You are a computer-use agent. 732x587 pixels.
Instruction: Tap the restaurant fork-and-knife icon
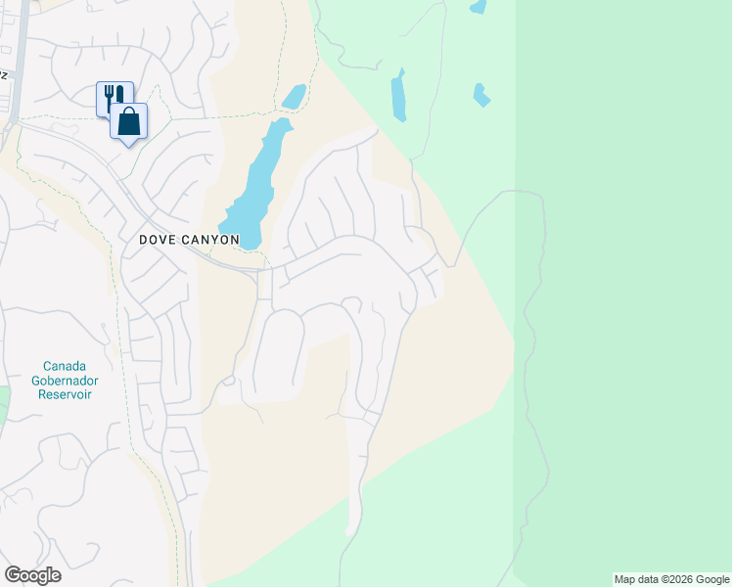113,96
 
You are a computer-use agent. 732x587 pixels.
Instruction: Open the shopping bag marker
129,121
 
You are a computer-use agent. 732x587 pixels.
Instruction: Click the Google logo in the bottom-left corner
33,575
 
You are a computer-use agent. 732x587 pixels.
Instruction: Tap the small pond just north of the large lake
294,97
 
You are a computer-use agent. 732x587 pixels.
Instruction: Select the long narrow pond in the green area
398,96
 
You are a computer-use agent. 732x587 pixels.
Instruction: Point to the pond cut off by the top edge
478,6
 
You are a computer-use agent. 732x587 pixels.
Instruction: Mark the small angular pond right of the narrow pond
480,95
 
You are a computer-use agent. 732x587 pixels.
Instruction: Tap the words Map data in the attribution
633,579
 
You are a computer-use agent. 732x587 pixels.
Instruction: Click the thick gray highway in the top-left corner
19,59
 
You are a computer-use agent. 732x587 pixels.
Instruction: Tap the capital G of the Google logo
14,575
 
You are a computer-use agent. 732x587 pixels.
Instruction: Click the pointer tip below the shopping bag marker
129,146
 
